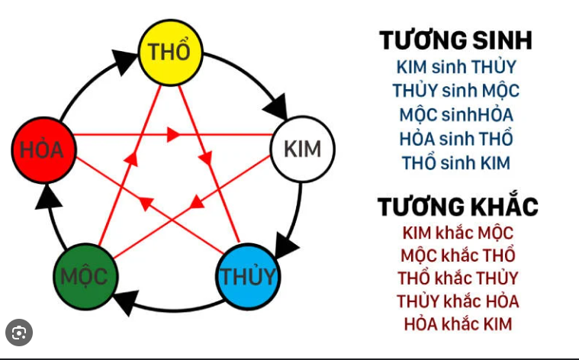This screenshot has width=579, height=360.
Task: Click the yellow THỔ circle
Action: [x=171, y=53]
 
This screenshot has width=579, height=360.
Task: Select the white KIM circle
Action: [x=303, y=149]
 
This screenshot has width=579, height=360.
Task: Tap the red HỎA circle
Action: [x=44, y=150]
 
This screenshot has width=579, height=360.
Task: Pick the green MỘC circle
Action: [x=85, y=277]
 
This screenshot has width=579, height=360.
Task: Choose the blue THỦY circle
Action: [x=248, y=277]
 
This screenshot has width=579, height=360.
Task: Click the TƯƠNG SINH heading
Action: [x=455, y=40]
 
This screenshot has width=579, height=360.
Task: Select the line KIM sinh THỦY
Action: [x=456, y=67]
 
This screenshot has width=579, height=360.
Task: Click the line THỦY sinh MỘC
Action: [x=456, y=91]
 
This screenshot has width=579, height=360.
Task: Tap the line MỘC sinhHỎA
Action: [x=456, y=115]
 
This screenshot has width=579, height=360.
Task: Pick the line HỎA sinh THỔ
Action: [x=456, y=139]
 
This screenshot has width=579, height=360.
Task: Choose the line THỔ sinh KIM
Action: [x=456, y=162]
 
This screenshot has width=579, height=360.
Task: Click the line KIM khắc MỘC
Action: [x=458, y=233]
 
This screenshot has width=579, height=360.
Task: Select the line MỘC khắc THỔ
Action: [x=458, y=256]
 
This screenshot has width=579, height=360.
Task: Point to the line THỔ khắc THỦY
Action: [x=458, y=278]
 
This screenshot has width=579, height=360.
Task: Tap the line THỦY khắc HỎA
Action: [x=458, y=301]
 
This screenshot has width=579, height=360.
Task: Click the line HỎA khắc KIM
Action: [x=458, y=324]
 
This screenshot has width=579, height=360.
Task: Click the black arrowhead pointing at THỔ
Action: [x=125, y=61]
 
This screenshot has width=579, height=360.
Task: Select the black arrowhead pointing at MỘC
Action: [x=126, y=302]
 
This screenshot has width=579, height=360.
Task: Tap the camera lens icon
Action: [x=19, y=333]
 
